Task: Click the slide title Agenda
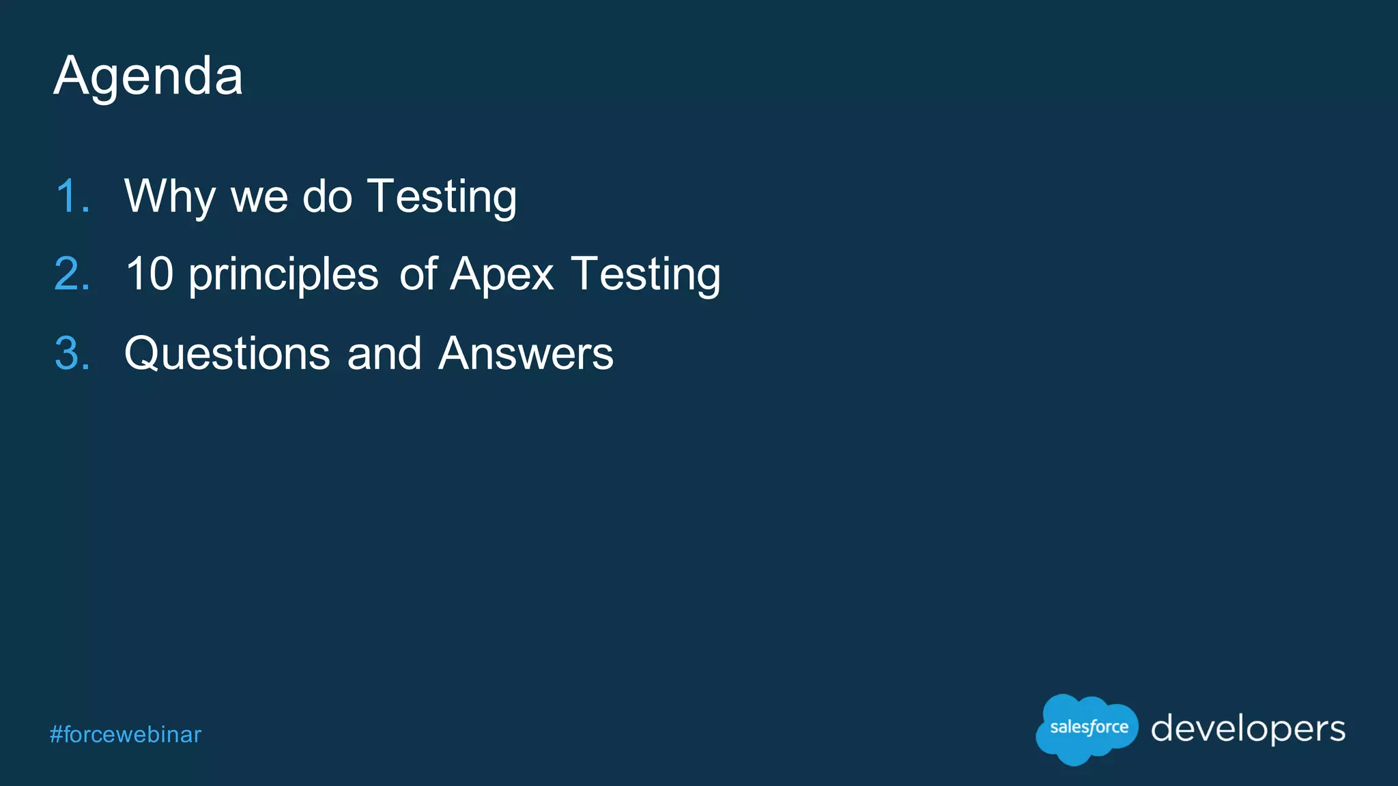point(148,76)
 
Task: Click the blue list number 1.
point(72,196)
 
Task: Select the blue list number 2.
point(72,274)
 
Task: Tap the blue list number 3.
point(72,353)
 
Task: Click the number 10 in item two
point(149,274)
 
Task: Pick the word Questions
point(227,353)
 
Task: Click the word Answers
point(526,353)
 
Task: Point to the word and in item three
point(384,353)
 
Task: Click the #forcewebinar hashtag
point(126,735)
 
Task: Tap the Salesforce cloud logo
point(1087,729)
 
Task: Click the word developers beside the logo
point(1248,729)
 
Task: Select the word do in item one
point(327,196)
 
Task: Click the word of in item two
point(418,274)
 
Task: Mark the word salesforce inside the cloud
point(1089,727)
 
